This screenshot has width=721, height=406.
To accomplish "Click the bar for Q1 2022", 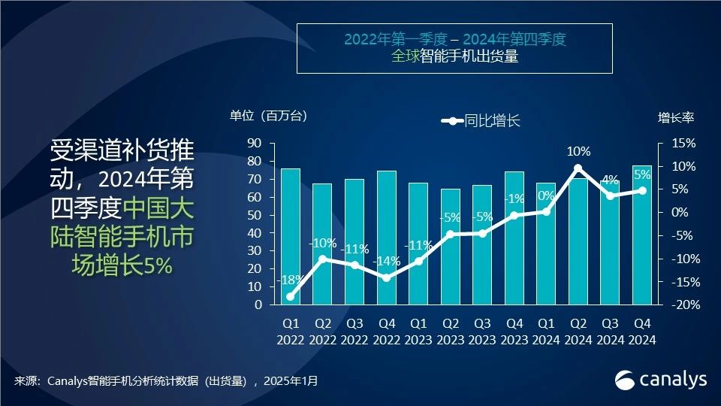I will [291, 237].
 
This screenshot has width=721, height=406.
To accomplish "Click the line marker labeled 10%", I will [578, 168].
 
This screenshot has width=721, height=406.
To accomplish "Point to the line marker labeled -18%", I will [291, 296].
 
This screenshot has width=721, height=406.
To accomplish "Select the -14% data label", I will [387, 262].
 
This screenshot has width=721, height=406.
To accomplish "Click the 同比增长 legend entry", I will [481, 120].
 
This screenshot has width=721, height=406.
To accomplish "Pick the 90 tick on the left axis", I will [254, 143].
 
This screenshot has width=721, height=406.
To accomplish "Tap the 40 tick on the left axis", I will [254, 233].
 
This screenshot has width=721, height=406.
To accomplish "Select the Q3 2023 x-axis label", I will [482, 331].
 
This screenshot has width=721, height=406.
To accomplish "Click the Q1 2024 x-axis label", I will [546, 331].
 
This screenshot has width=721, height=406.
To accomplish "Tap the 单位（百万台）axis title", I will [269, 117].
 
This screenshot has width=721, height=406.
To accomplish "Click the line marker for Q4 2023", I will [514, 215].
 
